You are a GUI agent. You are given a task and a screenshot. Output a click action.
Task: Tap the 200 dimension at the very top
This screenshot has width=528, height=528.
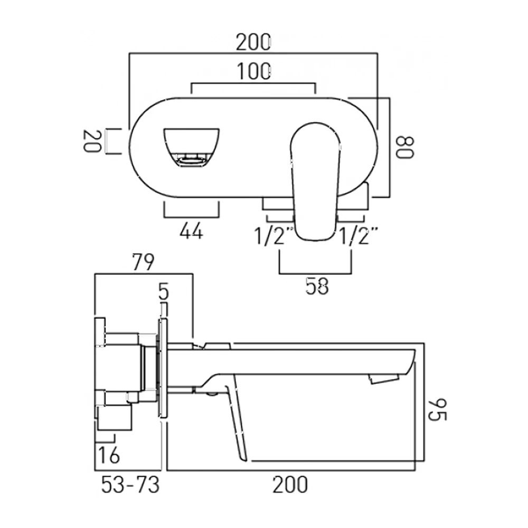[x=253, y=42]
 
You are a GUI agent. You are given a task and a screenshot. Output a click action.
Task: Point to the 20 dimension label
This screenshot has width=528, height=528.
[x=92, y=141]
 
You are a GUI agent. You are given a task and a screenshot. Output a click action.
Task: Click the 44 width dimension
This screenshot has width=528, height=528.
[x=191, y=231]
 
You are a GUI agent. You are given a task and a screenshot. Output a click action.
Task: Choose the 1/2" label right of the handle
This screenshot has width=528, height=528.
[x=360, y=235]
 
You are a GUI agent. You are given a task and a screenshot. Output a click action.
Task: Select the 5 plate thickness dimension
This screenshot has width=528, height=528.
[x=164, y=291]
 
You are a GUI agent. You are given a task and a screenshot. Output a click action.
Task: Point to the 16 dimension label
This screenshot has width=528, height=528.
[x=108, y=454]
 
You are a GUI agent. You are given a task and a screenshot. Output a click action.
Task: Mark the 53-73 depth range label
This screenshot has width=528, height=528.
[x=130, y=484]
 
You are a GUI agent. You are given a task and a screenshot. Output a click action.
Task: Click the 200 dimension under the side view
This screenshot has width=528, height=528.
[x=290, y=484]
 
